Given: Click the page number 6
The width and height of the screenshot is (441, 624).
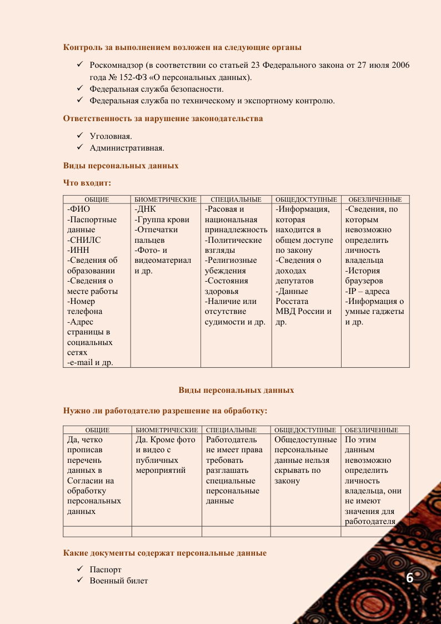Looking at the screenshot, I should tap(410, 577).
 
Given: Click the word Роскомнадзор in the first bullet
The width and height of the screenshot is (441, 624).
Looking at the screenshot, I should tap(116, 66).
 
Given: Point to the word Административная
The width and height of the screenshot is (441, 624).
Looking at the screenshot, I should tap(127, 148).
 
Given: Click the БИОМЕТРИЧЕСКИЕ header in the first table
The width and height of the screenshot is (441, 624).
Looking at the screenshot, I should tap(166, 199).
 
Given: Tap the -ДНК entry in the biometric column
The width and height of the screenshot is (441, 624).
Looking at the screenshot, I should tap(146, 209).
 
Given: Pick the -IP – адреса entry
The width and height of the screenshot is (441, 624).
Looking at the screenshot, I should tap(368, 291).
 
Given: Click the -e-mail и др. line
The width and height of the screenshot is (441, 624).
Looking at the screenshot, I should tap(90, 363).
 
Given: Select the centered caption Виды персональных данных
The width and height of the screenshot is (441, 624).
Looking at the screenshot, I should tap(236, 390).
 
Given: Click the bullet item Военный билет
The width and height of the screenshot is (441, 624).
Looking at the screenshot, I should tap(119, 581).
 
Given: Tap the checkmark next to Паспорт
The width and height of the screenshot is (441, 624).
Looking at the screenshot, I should tap(80, 570).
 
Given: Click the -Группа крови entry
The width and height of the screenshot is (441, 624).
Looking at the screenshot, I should tap(162, 219).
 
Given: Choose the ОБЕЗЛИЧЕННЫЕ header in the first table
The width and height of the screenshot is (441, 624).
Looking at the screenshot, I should tap(375, 199).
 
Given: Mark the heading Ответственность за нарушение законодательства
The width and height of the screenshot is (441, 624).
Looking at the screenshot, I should tap(163, 118).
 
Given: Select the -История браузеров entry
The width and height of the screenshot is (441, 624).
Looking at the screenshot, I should tap(363, 276).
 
